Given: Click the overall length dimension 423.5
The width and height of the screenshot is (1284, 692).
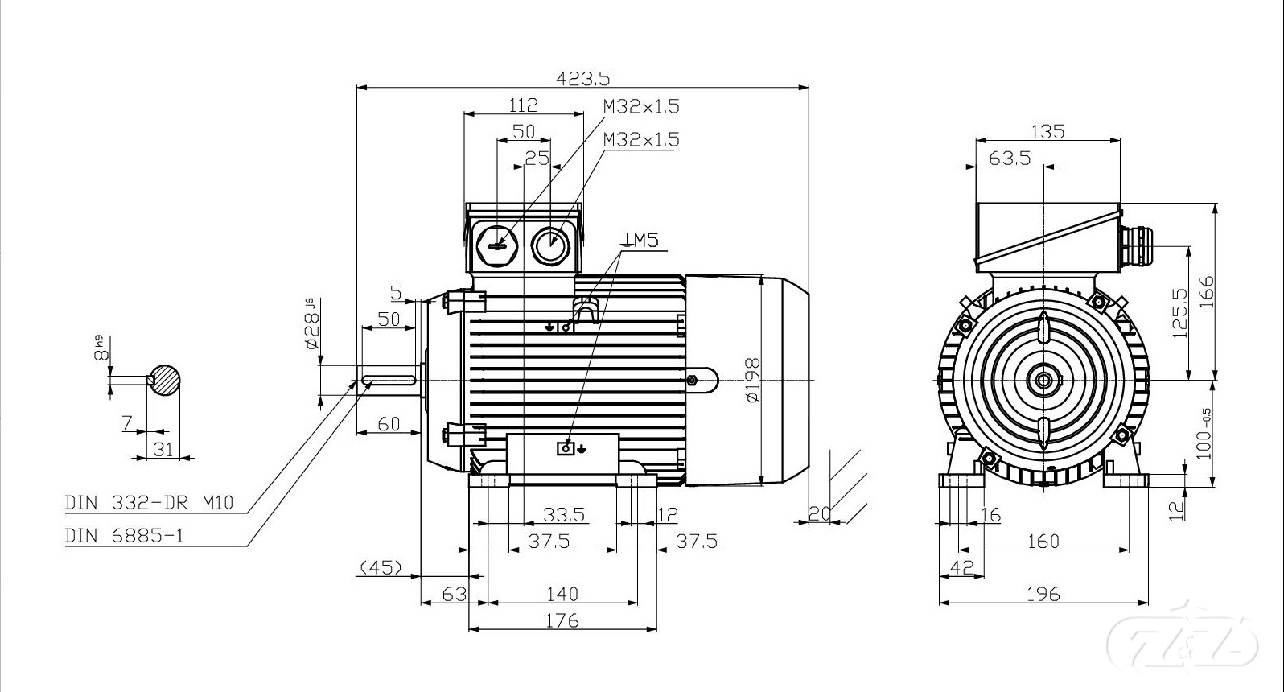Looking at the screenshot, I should click(x=583, y=78).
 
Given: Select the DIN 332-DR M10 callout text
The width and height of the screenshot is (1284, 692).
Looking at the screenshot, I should click(x=149, y=504).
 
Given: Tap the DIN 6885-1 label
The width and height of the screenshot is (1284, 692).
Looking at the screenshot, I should click(x=124, y=535).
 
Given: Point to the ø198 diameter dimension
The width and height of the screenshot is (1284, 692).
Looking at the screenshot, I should click(x=752, y=380).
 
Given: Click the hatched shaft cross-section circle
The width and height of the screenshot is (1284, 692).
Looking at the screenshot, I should click(x=164, y=380).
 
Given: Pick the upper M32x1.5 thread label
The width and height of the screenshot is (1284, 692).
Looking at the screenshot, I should click(x=641, y=106).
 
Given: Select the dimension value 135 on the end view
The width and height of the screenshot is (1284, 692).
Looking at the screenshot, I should click(x=1047, y=131).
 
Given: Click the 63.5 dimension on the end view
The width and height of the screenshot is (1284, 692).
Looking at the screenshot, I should click(x=1009, y=158).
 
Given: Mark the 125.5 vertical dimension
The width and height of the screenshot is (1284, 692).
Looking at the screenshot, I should click(x=1180, y=312).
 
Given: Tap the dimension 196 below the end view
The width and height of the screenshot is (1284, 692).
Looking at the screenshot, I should click(x=1043, y=594).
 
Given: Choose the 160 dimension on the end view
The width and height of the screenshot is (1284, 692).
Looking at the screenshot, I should click(x=1043, y=541).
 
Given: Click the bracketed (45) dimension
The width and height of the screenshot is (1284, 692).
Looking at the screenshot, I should click(x=380, y=567).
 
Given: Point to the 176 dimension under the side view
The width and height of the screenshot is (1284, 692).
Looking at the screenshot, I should click(x=562, y=620).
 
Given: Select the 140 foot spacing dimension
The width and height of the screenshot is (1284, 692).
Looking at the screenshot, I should click(x=562, y=594).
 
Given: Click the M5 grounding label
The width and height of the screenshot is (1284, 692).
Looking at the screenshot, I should click(x=641, y=240).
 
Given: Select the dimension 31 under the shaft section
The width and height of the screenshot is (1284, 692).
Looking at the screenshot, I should click(x=163, y=449).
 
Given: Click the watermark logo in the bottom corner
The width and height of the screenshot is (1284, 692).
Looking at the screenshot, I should click(x=1182, y=641).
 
